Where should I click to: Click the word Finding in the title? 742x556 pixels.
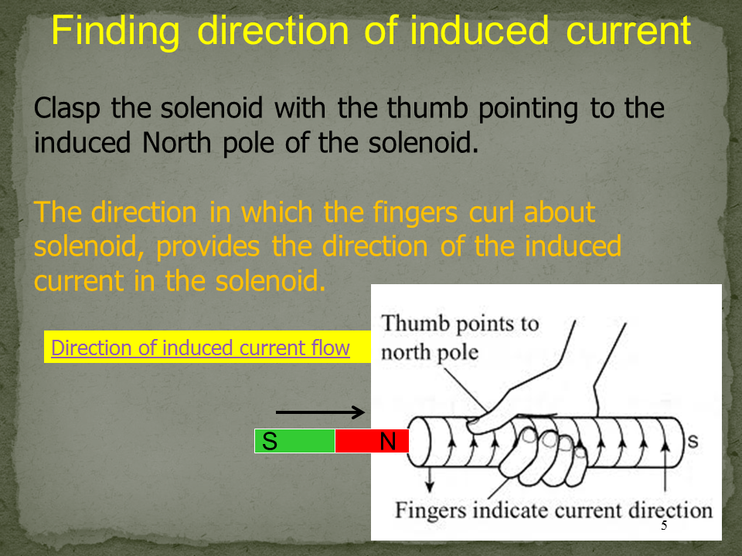click(115, 31)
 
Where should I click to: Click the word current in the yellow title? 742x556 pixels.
click(629, 30)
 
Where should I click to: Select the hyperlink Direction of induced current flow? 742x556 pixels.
click(200, 348)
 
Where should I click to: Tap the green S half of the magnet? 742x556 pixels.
click(294, 441)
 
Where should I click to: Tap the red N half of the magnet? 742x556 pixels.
click(372, 441)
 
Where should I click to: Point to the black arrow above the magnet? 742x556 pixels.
click(320, 412)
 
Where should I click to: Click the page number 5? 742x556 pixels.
click(664, 525)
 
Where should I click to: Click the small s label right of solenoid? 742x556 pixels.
click(693, 441)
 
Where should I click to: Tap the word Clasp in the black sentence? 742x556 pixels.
click(66, 109)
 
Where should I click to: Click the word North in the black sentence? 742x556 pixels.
click(176, 142)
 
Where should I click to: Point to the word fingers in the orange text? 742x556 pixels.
click(415, 212)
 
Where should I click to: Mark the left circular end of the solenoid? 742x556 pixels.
click(419, 442)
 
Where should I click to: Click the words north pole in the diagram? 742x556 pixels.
click(430, 353)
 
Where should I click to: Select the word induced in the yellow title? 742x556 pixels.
click(479, 30)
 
